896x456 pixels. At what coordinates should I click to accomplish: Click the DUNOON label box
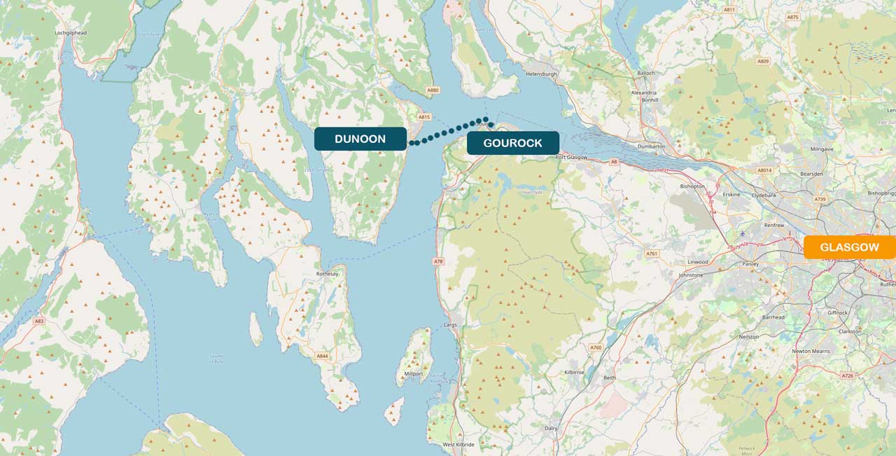(x=360, y=139)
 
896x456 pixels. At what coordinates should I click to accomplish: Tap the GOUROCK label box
(x=512, y=143)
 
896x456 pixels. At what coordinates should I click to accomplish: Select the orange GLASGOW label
(x=849, y=247)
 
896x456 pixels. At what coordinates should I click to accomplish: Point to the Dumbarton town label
(x=652, y=146)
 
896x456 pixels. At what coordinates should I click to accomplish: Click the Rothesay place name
(x=328, y=274)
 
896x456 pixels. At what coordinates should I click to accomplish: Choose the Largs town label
(x=450, y=326)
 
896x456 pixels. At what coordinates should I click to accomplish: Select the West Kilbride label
(x=458, y=445)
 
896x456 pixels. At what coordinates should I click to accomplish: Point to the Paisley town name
(x=750, y=265)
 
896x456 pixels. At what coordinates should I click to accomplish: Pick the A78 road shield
(x=438, y=261)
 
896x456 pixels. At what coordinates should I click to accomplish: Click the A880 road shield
(x=433, y=90)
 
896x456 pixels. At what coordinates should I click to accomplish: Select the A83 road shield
(x=39, y=321)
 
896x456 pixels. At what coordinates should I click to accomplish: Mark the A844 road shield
(x=321, y=356)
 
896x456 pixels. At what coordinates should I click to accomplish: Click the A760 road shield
(x=596, y=347)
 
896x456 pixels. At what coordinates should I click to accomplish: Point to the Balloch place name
(x=645, y=73)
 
